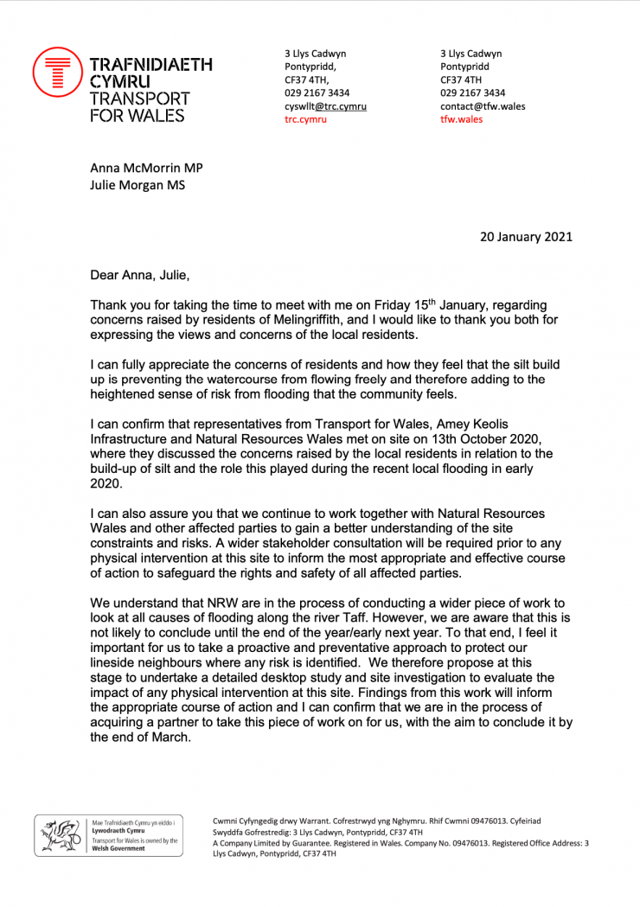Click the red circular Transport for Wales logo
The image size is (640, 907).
click(x=57, y=72)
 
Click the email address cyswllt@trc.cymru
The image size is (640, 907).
click(x=326, y=106)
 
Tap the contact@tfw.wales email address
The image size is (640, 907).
click(x=483, y=106)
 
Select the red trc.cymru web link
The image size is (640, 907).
click(x=306, y=119)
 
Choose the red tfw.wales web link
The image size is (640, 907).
click(x=462, y=119)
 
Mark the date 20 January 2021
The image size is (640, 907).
click(x=526, y=236)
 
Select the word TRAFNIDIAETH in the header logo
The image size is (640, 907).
click(x=151, y=64)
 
